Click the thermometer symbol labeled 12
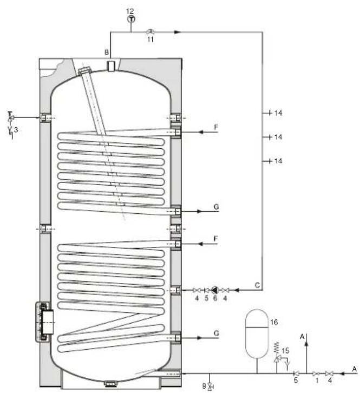[131, 19]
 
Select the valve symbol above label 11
[150, 31]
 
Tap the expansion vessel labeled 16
[257, 334]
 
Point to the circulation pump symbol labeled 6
[214, 290]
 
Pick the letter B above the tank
[107, 53]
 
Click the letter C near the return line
[257, 285]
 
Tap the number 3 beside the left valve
[16, 130]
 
